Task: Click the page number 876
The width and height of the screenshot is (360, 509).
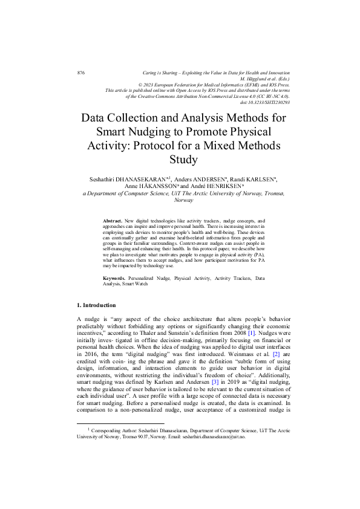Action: click(81, 73)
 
